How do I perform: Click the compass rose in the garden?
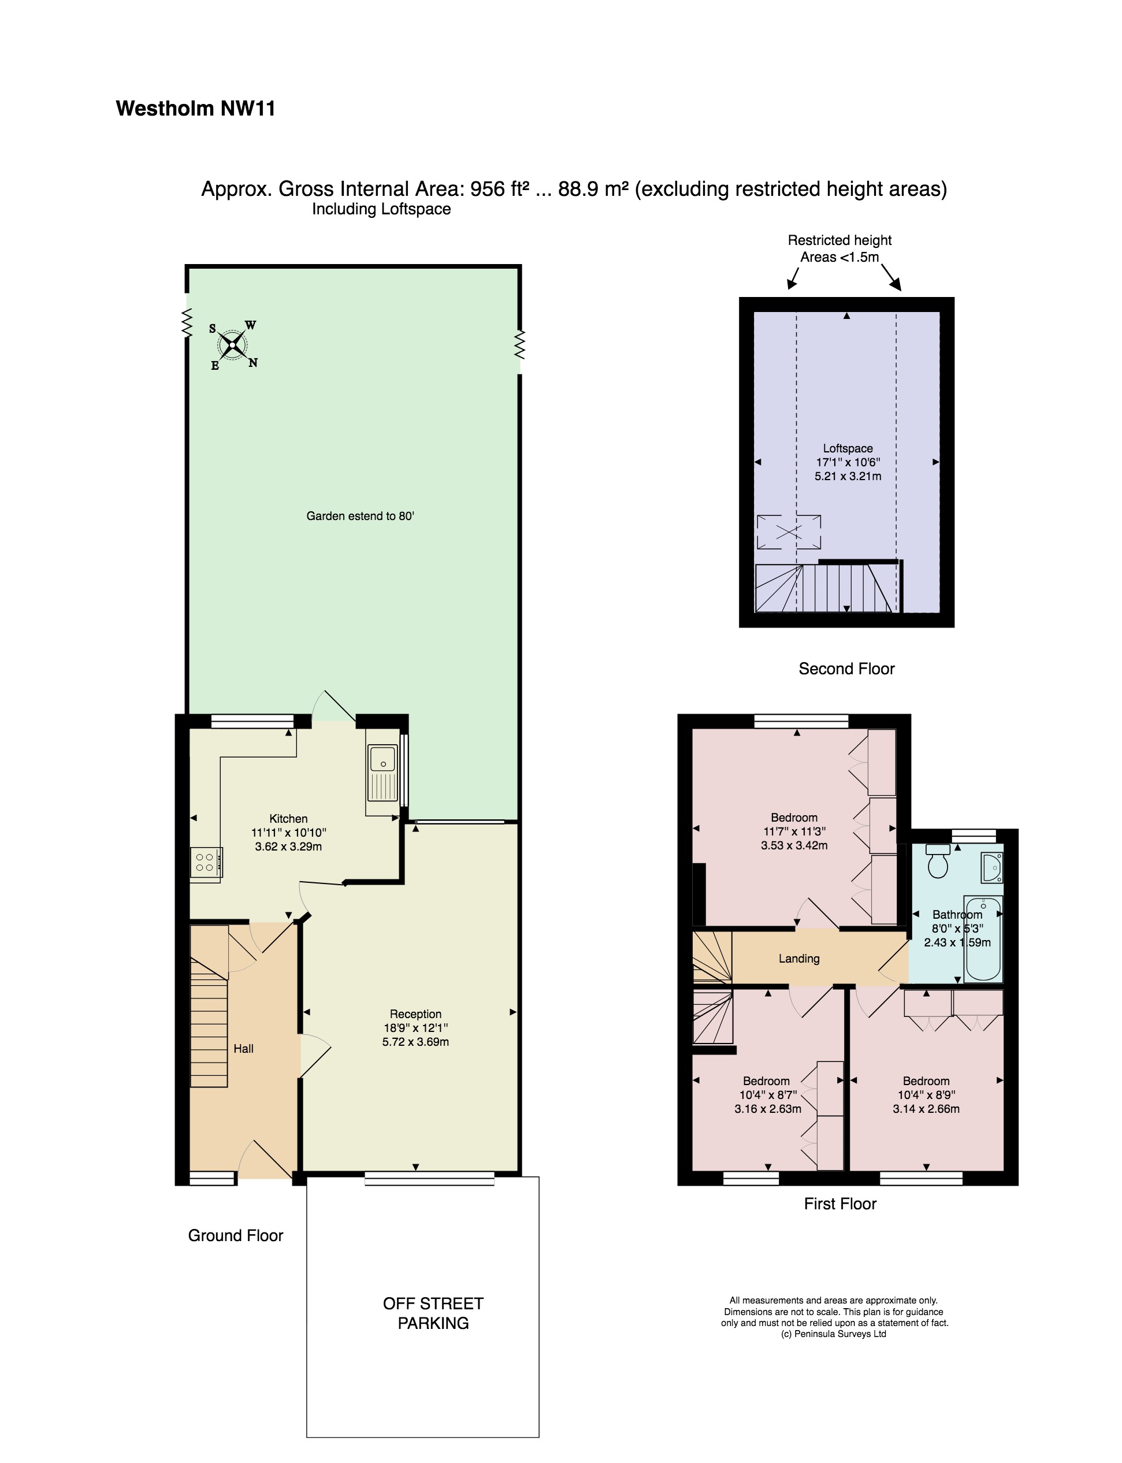(233, 344)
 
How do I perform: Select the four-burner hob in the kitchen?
(205, 862)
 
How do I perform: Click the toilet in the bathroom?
(938, 862)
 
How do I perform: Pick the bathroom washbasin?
(991, 868)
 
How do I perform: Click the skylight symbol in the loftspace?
(789, 532)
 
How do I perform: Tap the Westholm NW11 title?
(196, 108)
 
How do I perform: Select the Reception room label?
(415, 1013)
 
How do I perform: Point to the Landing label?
(799, 959)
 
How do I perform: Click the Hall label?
(243, 1048)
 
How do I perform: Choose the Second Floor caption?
(846, 669)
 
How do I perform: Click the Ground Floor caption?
(235, 1235)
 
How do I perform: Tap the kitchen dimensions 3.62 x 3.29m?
(288, 846)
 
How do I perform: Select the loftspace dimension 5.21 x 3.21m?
(848, 476)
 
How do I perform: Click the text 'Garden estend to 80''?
(361, 515)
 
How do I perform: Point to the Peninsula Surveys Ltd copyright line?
(834, 1334)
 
